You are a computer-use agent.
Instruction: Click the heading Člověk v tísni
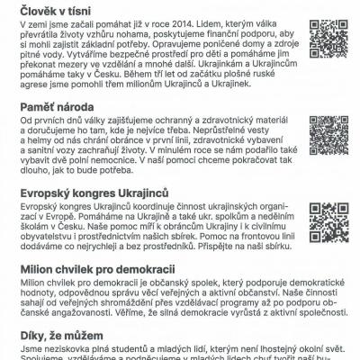coord(55,9)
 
